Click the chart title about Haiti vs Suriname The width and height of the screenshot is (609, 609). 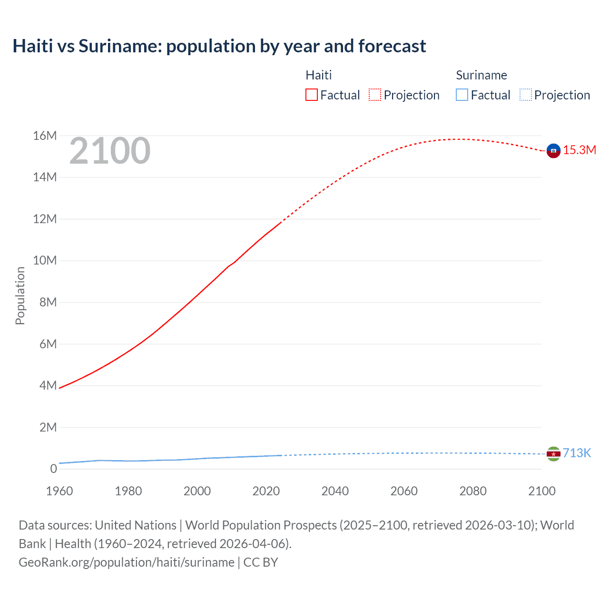tap(219, 46)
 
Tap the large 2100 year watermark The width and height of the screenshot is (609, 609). tap(110, 151)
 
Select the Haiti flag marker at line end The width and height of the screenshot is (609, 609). tap(553, 150)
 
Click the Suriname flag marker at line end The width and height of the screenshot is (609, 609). tap(553, 454)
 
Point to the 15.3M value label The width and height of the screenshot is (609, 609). tap(580, 150)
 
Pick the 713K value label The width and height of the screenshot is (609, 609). tap(577, 453)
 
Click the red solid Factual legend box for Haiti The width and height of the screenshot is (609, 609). tap(311, 95)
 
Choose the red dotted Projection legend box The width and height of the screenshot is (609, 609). tap(375, 95)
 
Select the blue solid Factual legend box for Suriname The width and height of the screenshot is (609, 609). tap(462, 95)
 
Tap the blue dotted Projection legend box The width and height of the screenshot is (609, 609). tap(525, 95)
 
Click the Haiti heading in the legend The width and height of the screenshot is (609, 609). tap(318, 75)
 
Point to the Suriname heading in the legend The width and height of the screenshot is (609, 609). tap(481, 75)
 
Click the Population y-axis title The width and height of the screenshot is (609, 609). tap(20, 295)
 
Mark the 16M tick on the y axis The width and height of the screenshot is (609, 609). tap(45, 136)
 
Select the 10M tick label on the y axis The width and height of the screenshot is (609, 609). tap(45, 261)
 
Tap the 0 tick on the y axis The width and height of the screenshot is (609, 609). tap(53, 469)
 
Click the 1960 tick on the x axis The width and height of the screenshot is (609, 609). tap(59, 491)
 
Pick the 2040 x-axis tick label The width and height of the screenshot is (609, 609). tap(335, 491)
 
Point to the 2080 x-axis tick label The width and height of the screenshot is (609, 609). tap(473, 491)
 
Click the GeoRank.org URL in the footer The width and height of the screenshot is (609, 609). tap(127, 562)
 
